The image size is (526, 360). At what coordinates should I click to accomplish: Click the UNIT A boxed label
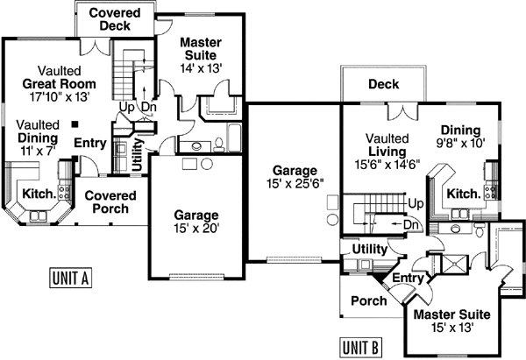pyautogui.click(x=69, y=279)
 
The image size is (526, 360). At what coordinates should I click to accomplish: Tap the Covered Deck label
pyautogui.click(x=117, y=20)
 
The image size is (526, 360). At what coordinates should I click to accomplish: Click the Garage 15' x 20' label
pyautogui.click(x=195, y=222)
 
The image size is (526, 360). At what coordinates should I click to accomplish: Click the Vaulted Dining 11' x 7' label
pyautogui.click(x=38, y=138)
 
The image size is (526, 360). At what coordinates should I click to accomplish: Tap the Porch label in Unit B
pyautogui.click(x=362, y=300)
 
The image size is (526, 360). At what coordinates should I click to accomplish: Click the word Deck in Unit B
pyautogui.click(x=384, y=85)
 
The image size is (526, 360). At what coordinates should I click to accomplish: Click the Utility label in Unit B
pyautogui.click(x=369, y=250)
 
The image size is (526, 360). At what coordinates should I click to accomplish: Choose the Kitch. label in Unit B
pyautogui.click(x=463, y=194)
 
